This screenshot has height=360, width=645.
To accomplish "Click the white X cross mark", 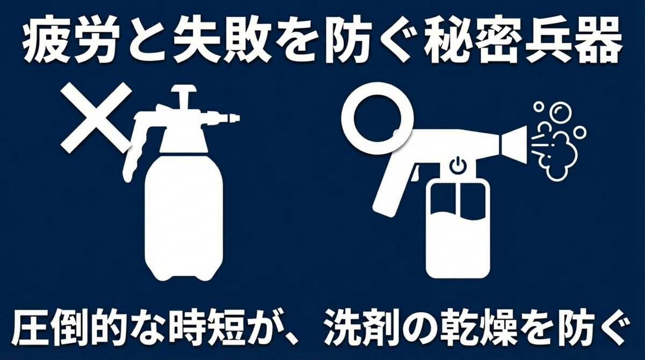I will pos(96,117).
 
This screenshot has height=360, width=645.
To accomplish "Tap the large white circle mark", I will pos(376,118).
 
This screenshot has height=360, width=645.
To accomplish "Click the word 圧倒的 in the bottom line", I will pos(70,326).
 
